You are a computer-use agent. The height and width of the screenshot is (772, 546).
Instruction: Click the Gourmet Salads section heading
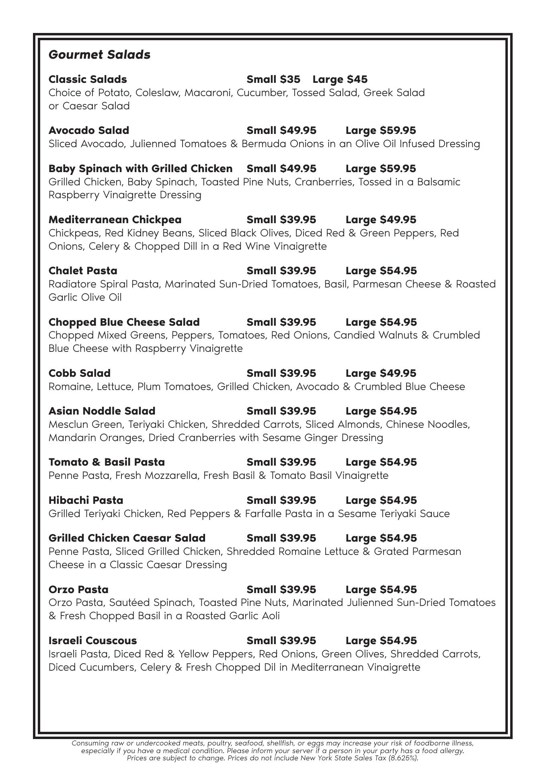point(99,55)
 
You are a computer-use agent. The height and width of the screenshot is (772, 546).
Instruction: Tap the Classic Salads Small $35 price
point(273,79)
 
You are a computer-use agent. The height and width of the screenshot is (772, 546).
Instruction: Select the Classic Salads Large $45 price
point(340,79)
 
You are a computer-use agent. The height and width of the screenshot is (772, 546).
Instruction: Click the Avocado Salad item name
point(89,130)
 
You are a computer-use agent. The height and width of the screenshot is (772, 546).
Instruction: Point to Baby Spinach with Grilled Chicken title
point(140,168)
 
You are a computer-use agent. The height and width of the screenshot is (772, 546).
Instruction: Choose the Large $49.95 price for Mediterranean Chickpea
point(381,220)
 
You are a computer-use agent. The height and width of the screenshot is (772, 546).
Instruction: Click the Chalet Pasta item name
point(83,271)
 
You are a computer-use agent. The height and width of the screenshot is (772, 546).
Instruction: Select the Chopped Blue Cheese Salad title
point(124,322)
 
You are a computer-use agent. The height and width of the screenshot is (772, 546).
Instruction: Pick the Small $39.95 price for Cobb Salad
point(281,373)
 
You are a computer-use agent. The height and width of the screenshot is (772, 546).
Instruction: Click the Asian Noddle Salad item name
point(102,411)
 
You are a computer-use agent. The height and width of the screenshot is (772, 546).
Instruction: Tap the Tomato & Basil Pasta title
point(107,462)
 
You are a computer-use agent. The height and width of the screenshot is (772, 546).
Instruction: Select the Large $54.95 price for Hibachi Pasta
point(381,500)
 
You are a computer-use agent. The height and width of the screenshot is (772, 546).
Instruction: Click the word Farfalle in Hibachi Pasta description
point(263,514)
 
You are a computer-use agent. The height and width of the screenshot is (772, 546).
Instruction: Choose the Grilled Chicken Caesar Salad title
point(127,538)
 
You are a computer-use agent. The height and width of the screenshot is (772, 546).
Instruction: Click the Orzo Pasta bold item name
point(78,589)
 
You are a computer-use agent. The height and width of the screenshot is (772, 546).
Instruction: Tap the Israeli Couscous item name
point(92,641)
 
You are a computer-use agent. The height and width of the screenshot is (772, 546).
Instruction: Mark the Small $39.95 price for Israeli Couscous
point(281,641)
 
